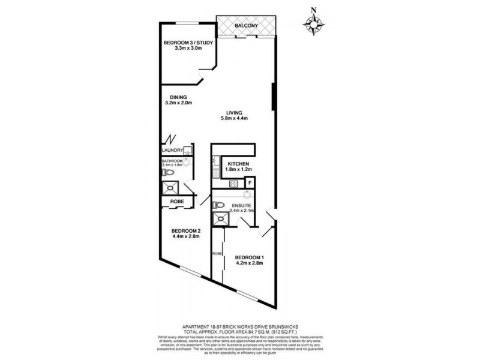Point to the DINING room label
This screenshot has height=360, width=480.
(x=178, y=97)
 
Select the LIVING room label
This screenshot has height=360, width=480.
(x=233, y=112)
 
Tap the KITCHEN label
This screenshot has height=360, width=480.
(x=238, y=164)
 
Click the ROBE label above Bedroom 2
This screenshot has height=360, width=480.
(x=176, y=202)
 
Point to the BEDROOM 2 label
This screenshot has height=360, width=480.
(x=185, y=231)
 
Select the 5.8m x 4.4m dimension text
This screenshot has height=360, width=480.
(x=233, y=119)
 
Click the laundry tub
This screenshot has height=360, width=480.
(x=187, y=151)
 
